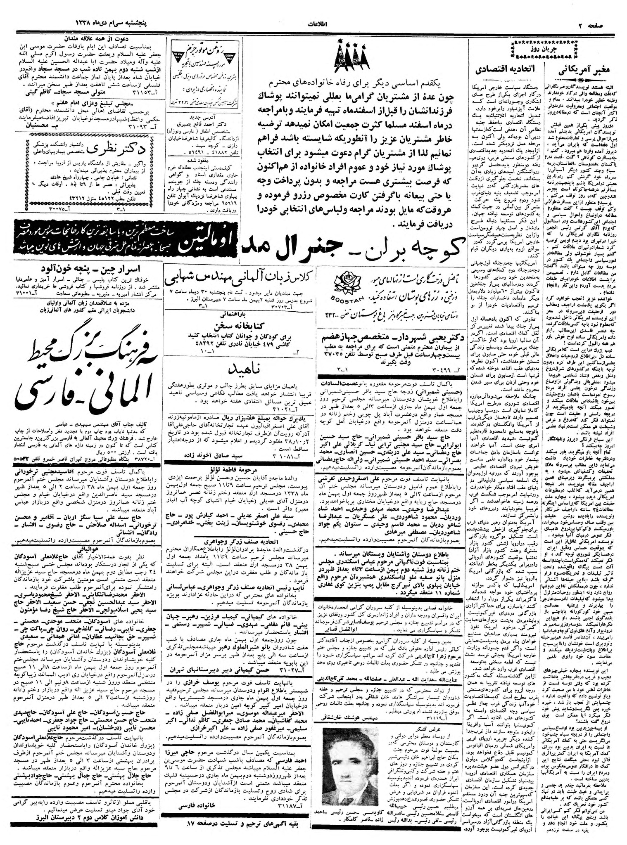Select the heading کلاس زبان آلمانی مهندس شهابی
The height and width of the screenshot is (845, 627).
[x=240, y=279]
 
